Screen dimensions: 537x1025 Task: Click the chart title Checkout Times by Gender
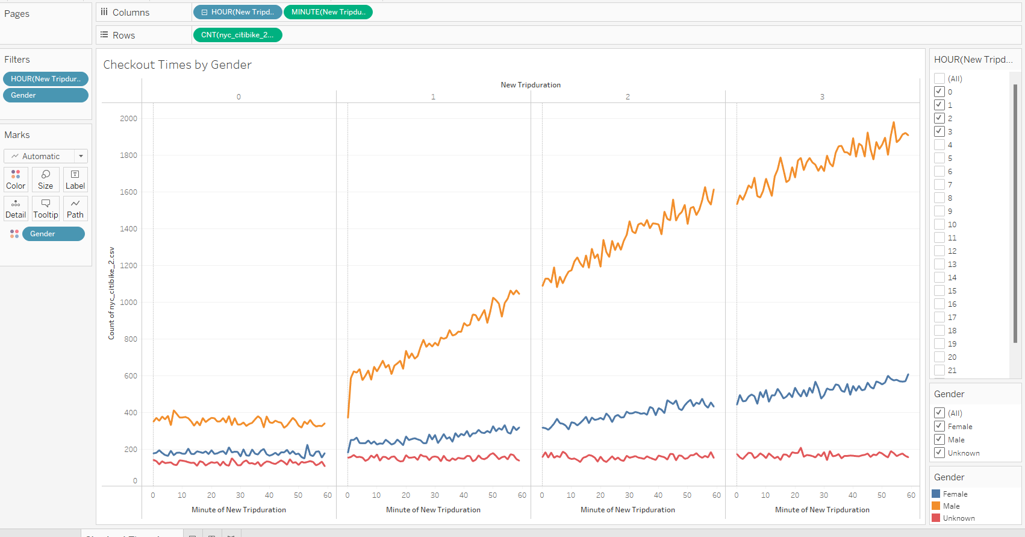coord(177,65)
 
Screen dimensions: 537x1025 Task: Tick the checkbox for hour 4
coord(939,145)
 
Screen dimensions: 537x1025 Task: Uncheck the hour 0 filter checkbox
coord(939,92)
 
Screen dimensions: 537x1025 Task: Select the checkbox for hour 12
coord(939,251)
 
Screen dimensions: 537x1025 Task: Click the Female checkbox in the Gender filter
coord(939,426)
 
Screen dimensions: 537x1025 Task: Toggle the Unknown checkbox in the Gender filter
coord(939,453)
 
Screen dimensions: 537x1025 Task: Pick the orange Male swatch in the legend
coord(936,506)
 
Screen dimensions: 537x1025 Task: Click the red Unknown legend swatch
coord(936,518)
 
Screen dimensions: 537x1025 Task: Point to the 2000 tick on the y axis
coord(128,118)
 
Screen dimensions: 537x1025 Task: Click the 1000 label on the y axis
coord(128,302)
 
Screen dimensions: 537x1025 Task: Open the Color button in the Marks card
coord(16,180)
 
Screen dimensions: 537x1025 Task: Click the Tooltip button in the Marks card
coord(46,209)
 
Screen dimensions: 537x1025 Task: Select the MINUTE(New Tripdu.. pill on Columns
coord(328,12)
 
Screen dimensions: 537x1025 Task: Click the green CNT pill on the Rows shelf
coord(237,35)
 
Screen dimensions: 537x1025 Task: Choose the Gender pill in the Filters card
coord(46,95)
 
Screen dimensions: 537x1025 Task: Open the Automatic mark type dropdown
coord(46,156)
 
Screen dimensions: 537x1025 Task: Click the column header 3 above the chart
coord(822,96)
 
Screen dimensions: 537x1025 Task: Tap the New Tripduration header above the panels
coord(531,85)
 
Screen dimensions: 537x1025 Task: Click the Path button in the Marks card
coord(75,209)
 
